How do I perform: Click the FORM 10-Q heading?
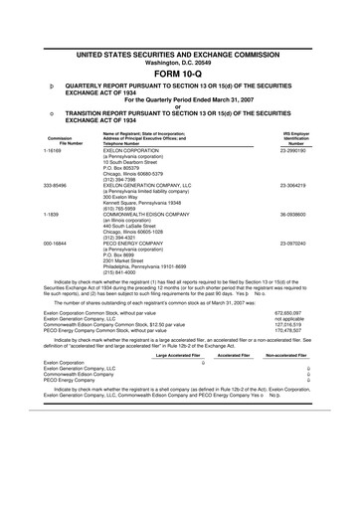tap(179, 47)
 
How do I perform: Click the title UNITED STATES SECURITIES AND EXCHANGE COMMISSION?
tap(179, 22)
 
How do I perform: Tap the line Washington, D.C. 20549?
tap(179, 32)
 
